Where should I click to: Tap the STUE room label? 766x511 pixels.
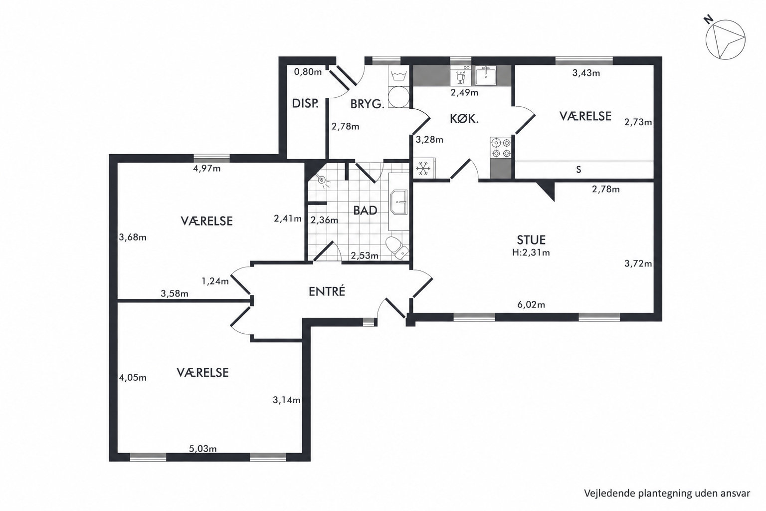[531, 240]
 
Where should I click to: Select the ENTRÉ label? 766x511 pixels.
[327, 291]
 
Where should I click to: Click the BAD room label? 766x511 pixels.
[365, 211]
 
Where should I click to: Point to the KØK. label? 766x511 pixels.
[464, 119]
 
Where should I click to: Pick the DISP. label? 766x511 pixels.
[305, 103]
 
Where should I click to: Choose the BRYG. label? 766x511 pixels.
[367, 104]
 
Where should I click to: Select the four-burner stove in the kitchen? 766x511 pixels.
[501, 148]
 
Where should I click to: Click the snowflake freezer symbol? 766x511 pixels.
[423, 169]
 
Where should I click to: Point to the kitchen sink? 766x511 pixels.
[485, 76]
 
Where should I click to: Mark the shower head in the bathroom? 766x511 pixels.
[322, 179]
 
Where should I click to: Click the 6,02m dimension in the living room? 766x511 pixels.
[531, 304]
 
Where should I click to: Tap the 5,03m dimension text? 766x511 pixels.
[203, 448]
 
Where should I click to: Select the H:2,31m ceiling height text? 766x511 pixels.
[531, 253]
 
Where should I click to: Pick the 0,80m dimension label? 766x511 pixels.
[308, 72]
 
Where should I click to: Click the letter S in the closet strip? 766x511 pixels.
[578, 170]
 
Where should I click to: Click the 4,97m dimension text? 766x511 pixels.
[207, 168]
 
